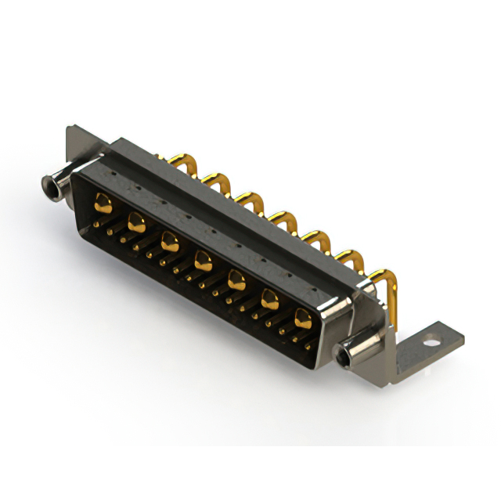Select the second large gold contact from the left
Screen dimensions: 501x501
(x=135, y=222)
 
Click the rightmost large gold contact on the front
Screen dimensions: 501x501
(x=302, y=318)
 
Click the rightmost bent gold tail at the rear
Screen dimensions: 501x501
(x=381, y=278)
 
